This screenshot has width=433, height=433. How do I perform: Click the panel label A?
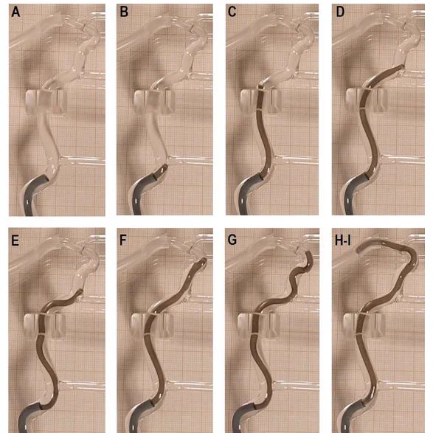pos(15,12)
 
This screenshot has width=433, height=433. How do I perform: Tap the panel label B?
pos(124,12)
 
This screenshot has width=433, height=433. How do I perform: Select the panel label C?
pos(232,12)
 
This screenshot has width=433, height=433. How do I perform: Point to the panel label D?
pos(340,12)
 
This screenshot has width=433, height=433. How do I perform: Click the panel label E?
pos(15,240)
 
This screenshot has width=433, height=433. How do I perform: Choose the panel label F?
pos(123,240)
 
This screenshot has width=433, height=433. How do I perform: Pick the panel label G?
pos(232,240)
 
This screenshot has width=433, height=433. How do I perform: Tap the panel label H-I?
pos(343,240)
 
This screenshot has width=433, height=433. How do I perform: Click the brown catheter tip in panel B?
pos(165,167)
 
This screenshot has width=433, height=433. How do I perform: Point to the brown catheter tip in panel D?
pos(401,66)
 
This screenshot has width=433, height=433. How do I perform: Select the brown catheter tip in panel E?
pos(81,291)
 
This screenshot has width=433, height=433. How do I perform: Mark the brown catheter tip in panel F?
pos(204,260)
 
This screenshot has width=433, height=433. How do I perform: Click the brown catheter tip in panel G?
pos(309,253)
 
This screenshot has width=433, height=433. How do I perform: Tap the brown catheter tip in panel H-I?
pos(358,251)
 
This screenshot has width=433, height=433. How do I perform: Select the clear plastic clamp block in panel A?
pos(46,101)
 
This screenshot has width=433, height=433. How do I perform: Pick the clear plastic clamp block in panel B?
pos(154,102)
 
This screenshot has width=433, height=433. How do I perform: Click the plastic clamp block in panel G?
pos(258,325)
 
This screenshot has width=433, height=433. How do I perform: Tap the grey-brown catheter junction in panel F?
pos(153,404)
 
